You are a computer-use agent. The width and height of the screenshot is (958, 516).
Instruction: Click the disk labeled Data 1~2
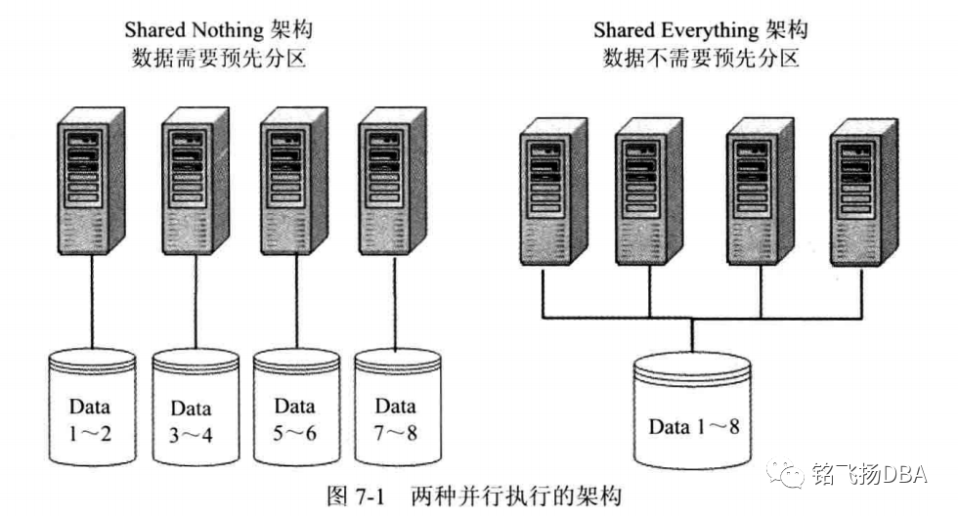click(93, 410)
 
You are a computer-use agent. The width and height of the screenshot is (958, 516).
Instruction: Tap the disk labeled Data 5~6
click(295, 410)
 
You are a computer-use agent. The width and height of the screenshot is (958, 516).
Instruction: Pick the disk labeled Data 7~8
click(396, 410)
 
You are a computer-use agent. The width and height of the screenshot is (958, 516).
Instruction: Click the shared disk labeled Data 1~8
click(693, 415)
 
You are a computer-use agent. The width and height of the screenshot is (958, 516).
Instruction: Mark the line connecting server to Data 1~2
click(93, 303)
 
